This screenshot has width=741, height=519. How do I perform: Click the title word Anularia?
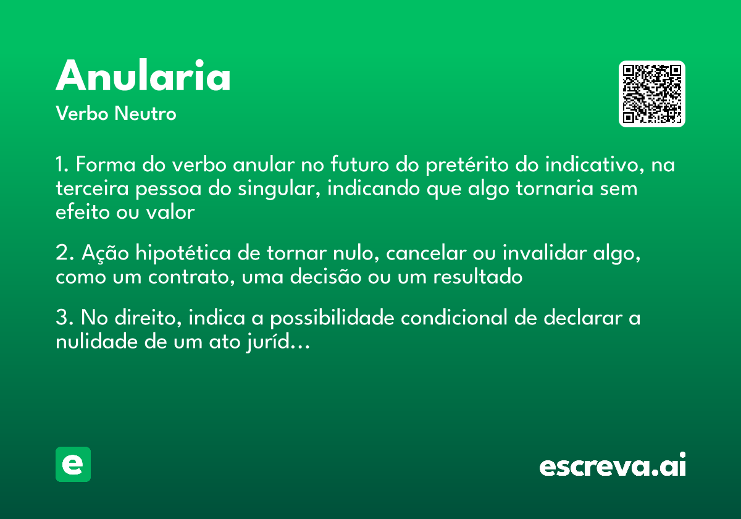click(x=143, y=77)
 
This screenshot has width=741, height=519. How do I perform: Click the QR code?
click(x=651, y=94)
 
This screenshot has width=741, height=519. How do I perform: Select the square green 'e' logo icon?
click(x=73, y=464)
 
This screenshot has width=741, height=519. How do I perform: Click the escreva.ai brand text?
click(x=613, y=465)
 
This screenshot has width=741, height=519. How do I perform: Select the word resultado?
click(x=477, y=277)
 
